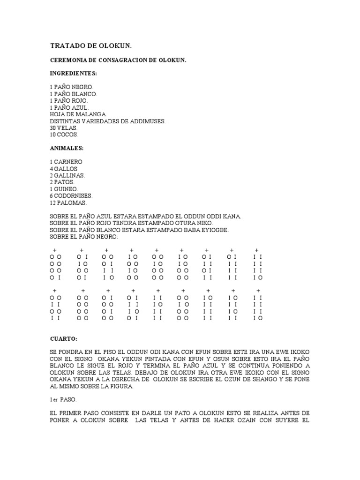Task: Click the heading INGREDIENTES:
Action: pos(73,74)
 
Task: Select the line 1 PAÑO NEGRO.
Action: pos(72,87)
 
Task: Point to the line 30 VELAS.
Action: pos(64,127)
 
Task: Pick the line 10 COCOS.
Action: pos(65,134)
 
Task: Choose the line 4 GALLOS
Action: pos(63,169)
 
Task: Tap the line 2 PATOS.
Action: pos(62,182)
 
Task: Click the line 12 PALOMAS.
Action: pos(68,202)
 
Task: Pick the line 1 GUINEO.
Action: pos(64,189)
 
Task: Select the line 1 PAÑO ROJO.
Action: pos(69,101)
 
